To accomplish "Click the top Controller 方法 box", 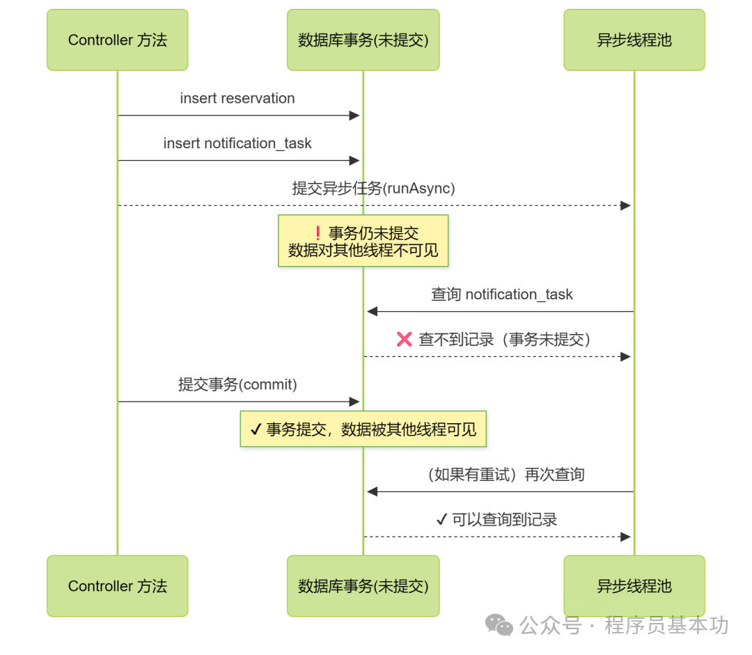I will (117, 40).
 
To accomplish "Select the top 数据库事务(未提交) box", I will (363, 40).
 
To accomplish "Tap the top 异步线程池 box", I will (634, 40).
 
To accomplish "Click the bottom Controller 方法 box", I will (117, 585).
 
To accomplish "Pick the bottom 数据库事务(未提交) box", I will (363, 585).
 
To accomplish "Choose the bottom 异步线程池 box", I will (634, 585).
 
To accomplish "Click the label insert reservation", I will (237, 98).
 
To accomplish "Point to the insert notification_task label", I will (237, 143).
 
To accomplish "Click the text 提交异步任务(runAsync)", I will (373, 188).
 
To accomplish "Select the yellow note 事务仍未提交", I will (363, 241).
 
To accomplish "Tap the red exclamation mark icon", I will (318, 233).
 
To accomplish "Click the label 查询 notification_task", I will (501, 294).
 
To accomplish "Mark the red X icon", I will (405, 339).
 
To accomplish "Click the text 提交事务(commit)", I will (237, 384).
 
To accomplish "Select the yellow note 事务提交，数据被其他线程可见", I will (363, 429).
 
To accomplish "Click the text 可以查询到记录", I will (504, 519).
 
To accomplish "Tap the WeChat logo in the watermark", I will (499, 624).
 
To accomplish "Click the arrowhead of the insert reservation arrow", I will (354, 116).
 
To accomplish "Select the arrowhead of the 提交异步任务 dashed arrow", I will (625, 205).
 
